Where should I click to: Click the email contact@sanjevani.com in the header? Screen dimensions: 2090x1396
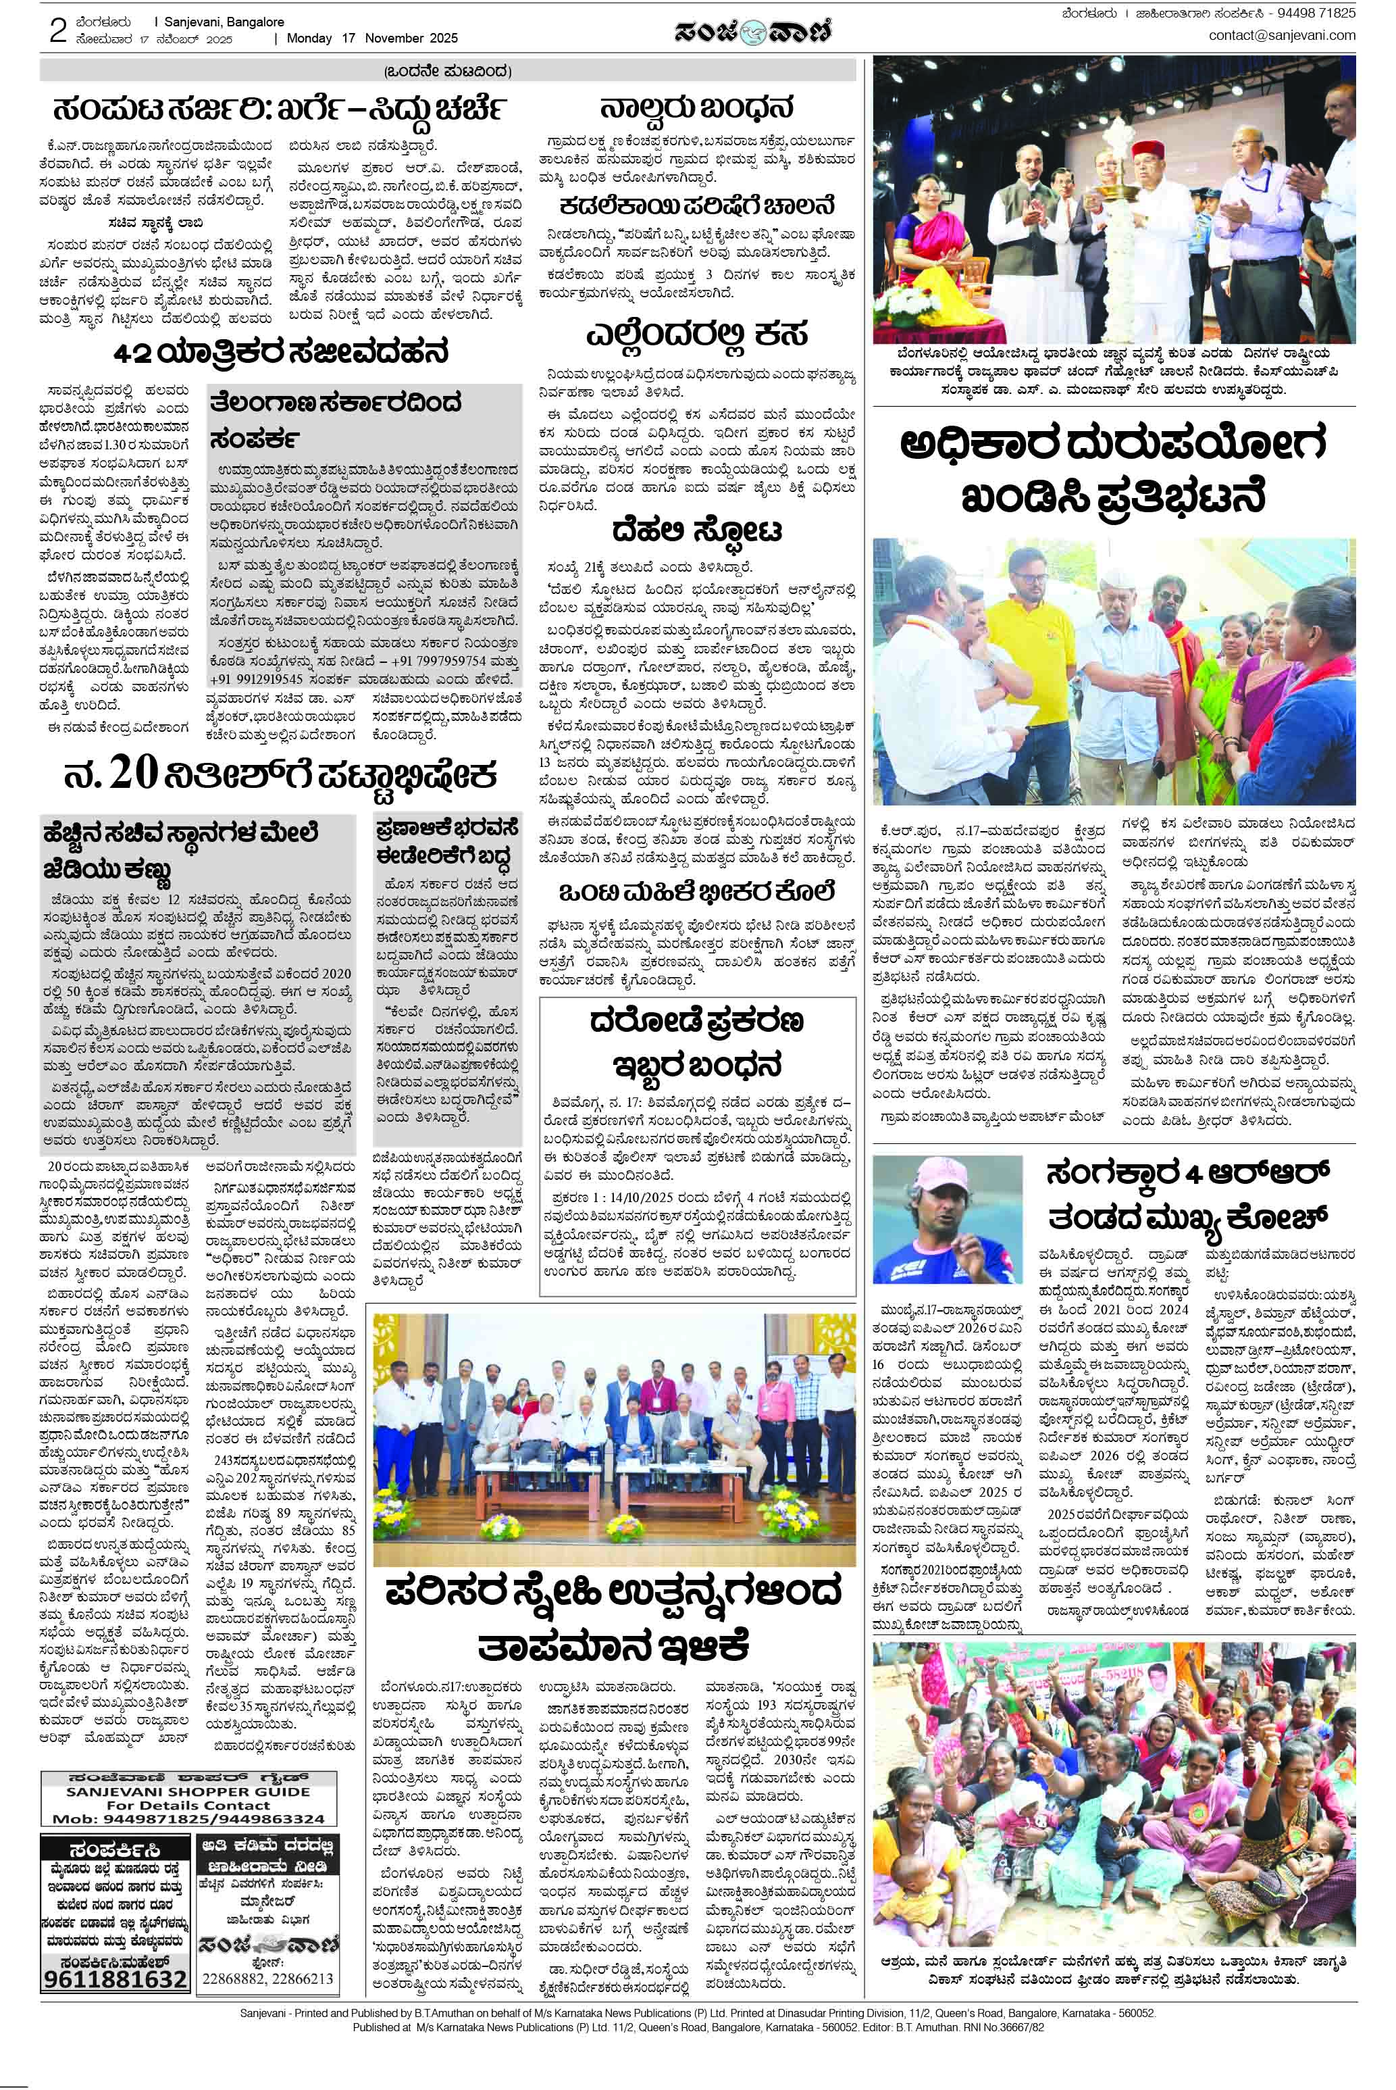(1282, 36)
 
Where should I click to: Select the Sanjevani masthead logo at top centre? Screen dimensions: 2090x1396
(753, 31)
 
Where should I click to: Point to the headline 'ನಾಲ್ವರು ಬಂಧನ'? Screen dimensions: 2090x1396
(697, 107)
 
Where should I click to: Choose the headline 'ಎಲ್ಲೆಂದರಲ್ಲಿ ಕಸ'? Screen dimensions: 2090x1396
(697, 335)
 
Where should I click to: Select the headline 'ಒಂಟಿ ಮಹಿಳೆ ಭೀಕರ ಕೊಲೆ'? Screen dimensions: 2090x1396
(697, 891)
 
